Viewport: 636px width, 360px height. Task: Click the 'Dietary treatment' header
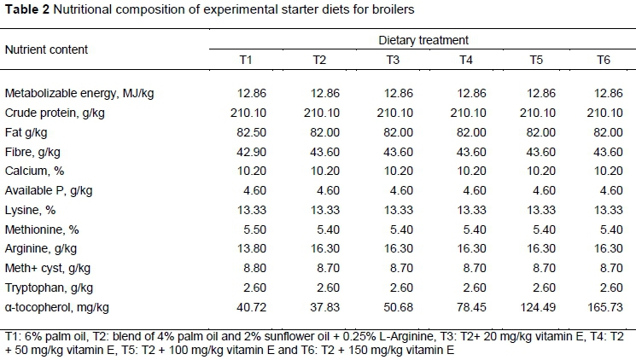pos(424,40)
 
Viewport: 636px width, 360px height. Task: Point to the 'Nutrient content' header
pos(46,49)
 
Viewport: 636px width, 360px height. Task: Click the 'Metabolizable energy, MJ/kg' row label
pos(77,93)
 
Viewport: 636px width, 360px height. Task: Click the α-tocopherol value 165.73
pos(606,306)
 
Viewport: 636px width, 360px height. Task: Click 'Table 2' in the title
pos(25,11)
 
